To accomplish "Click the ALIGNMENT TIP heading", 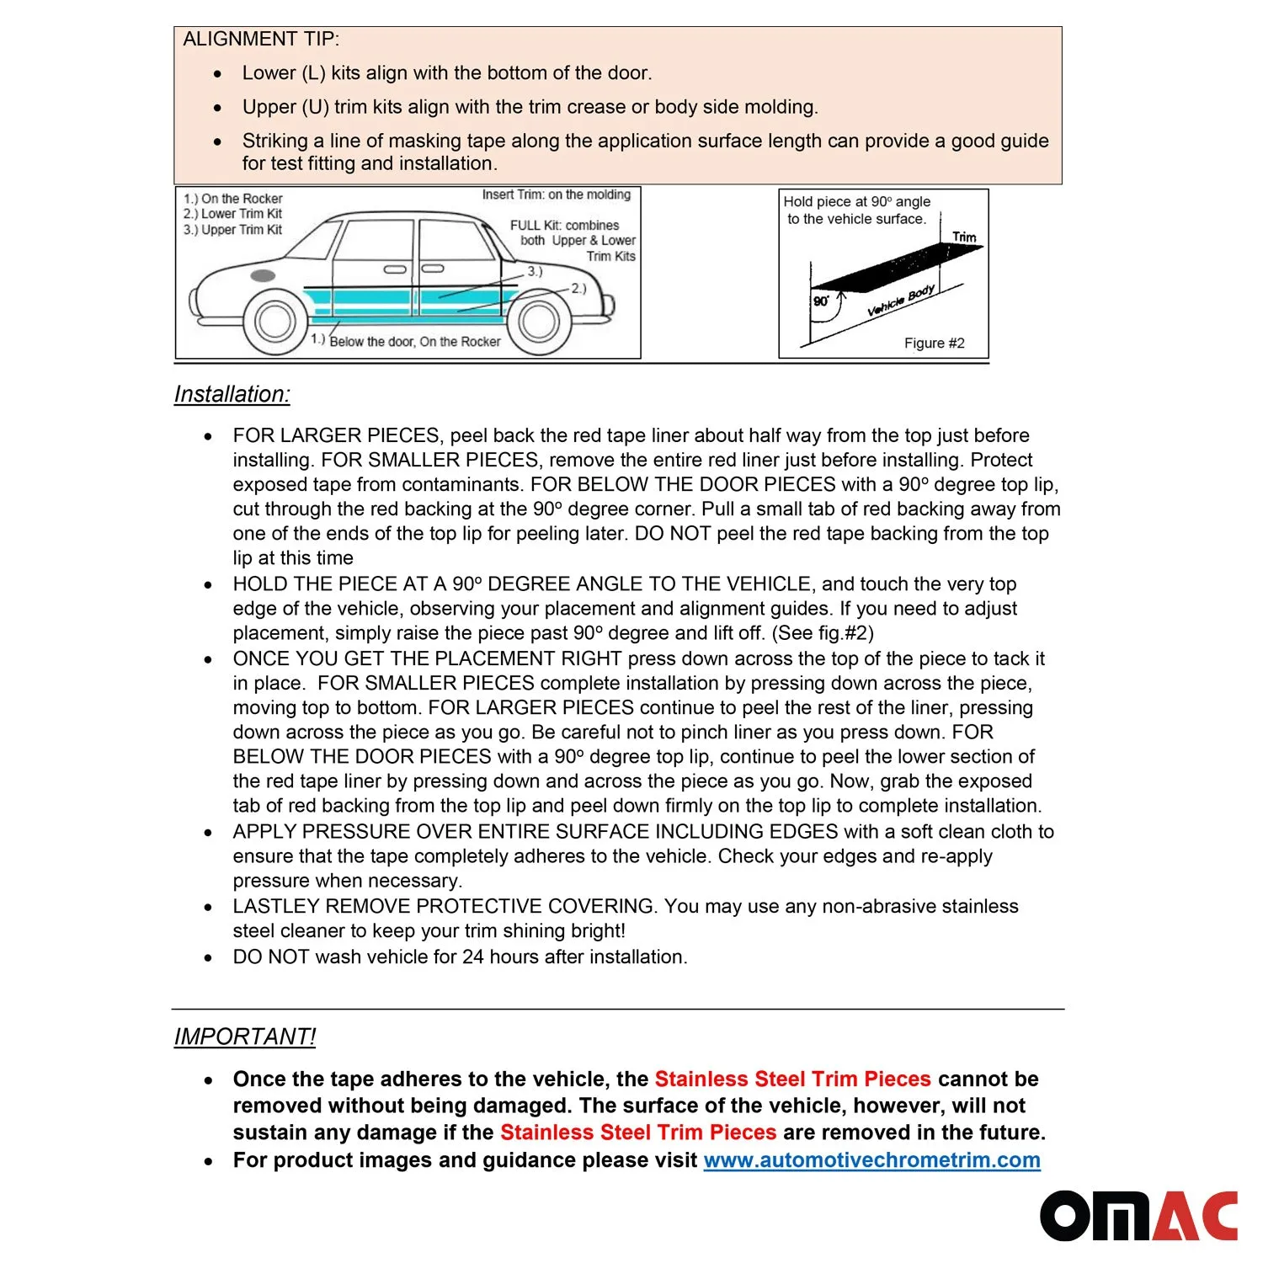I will pos(261,40).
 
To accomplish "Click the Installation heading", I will pos(232,394).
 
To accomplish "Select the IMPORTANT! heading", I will pos(244,1037).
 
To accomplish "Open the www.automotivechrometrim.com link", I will pos(871,1160).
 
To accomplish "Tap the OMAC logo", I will pos(1138,1216).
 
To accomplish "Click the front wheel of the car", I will pos(274,321).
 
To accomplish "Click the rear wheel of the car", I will pos(538,321).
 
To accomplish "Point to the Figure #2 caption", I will pos(934,344).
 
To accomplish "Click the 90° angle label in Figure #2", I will pos(821,301).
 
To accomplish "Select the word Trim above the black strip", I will pos(964,237).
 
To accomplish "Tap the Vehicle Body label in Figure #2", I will pos(901,301).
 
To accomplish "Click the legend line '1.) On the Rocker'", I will pos(233,199).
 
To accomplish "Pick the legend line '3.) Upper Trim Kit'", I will pos(233,230).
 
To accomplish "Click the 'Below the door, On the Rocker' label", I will pos(414,342).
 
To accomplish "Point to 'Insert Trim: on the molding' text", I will pos(556,195).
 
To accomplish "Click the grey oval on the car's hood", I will pos(263,275).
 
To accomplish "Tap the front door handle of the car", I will pos(395,269).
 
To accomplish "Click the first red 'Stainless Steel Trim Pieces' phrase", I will pos(792,1079).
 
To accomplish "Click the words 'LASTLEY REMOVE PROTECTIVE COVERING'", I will pos(444,907).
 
